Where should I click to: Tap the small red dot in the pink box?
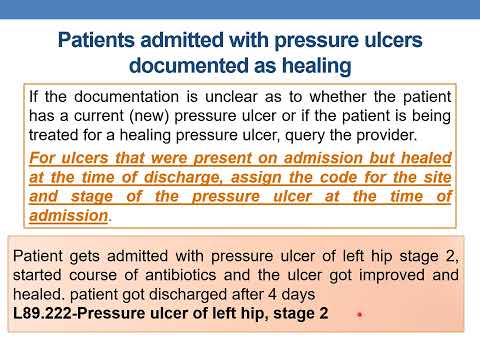tap(357, 315)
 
